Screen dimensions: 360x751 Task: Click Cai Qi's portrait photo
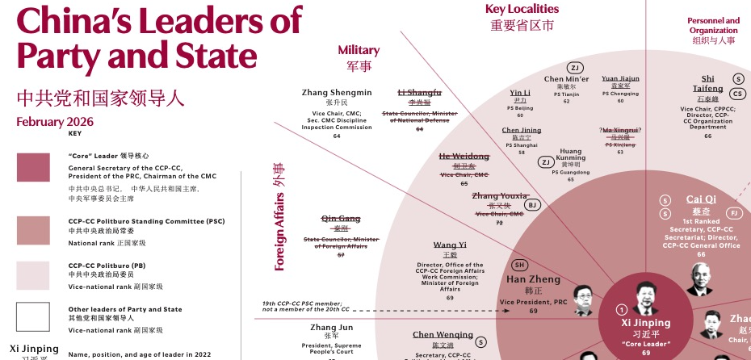[x=699, y=278]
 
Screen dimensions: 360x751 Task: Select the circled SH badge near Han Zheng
[x=520, y=265]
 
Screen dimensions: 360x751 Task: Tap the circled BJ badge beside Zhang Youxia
[x=532, y=205]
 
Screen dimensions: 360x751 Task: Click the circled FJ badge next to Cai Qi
[x=734, y=213]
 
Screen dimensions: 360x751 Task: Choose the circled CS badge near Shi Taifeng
[x=738, y=94]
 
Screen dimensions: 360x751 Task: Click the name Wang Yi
[x=450, y=245]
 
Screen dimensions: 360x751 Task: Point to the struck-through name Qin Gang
[x=340, y=219]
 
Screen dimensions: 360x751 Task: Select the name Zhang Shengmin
[x=337, y=93]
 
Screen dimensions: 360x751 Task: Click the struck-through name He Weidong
[x=464, y=157]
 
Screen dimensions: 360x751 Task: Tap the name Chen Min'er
[x=566, y=79]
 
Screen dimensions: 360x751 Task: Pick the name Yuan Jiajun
[x=620, y=79]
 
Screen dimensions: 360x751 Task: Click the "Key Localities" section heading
[x=522, y=9]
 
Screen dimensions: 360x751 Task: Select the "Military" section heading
[x=359, y=50]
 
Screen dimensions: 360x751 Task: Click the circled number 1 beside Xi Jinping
[x=621, y=309]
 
